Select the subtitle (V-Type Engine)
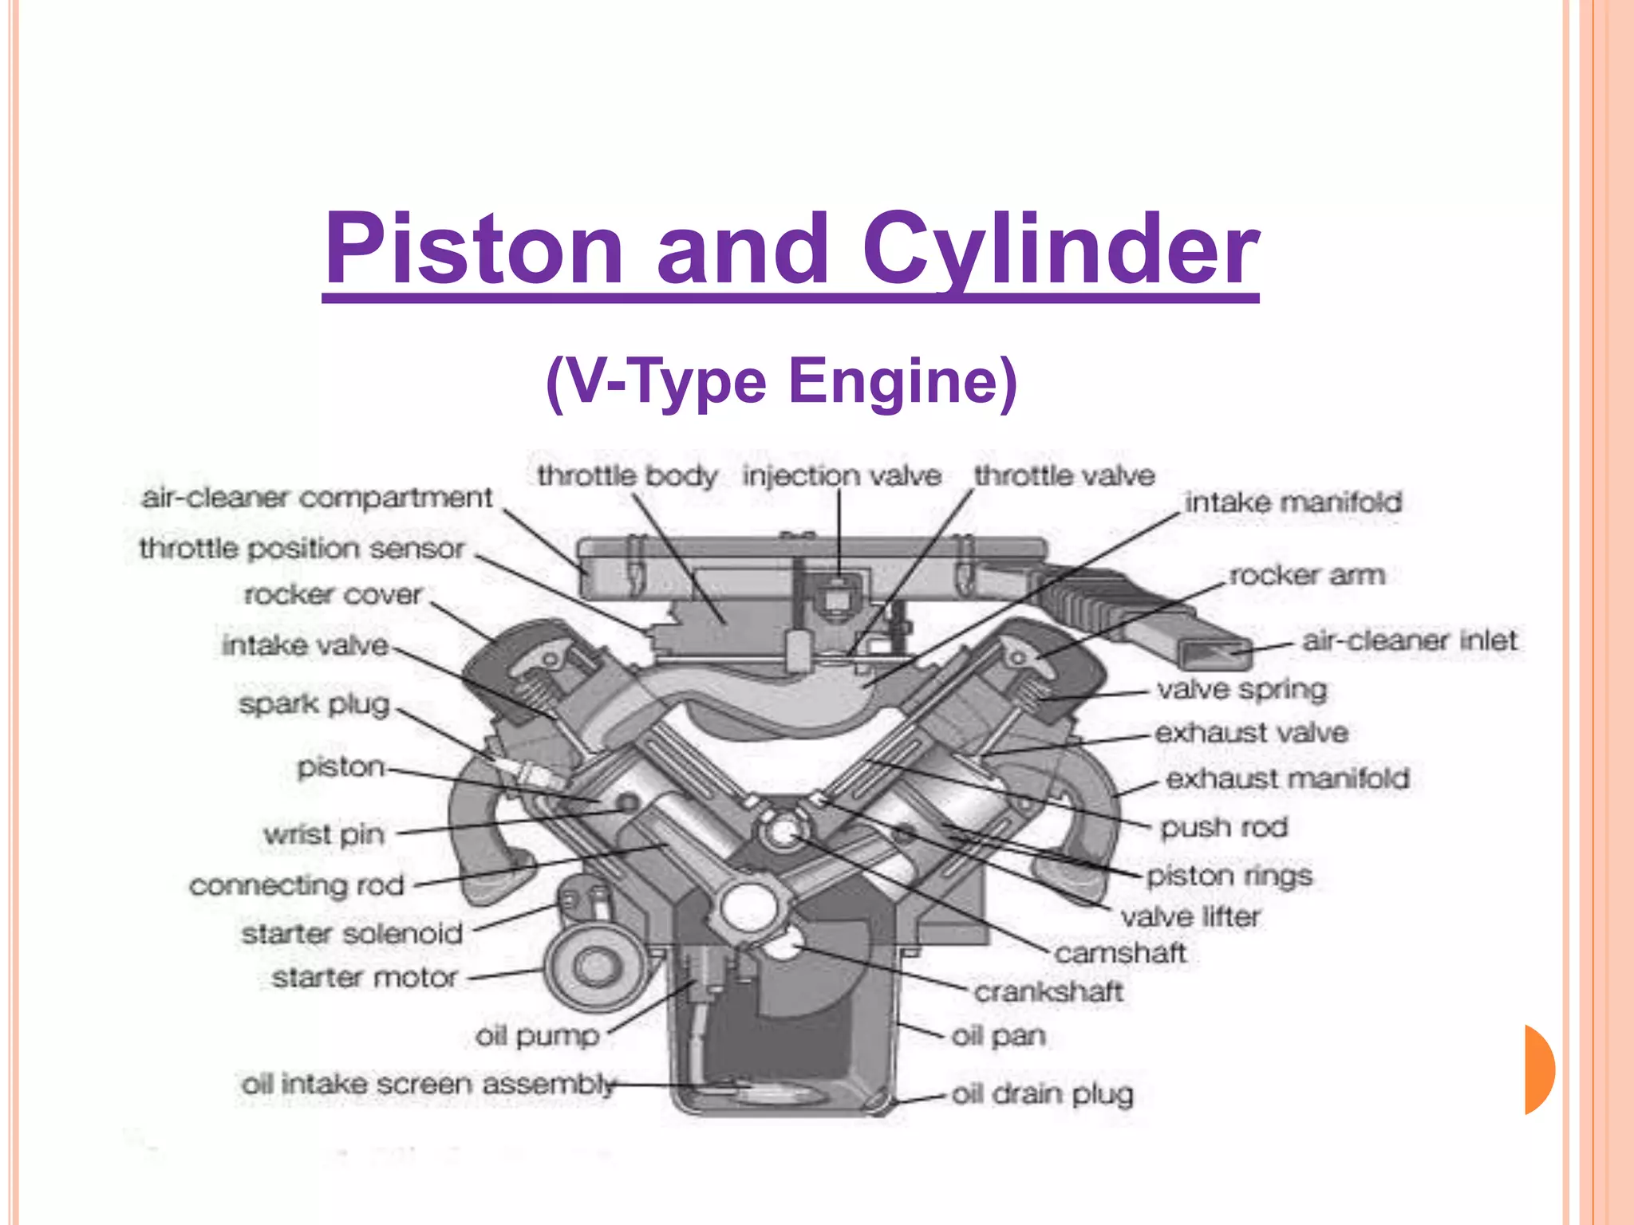(x=781, y=382)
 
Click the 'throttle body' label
(x=627, y=476)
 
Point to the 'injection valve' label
(x=842, y=476)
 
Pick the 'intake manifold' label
(x=1293, y=502)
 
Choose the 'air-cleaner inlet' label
(x=1409, y=640)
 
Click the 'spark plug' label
(x=314, y=704)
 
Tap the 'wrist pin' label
(x=324, y=834)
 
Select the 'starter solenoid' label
(x=352, y=933)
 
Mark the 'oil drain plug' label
(x=1042, y=1094)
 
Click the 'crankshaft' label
(x=1048, y=992)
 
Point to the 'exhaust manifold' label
(x=1287, y=778)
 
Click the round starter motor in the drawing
(x=594, y=967)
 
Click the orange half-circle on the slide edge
(x=1538, y=1069)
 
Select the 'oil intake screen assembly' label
(x=428, y=1085)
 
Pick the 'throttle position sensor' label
(x=302, y=549)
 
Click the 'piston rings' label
(x=1229, y=876)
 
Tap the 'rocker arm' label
(x=1306, y=575)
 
